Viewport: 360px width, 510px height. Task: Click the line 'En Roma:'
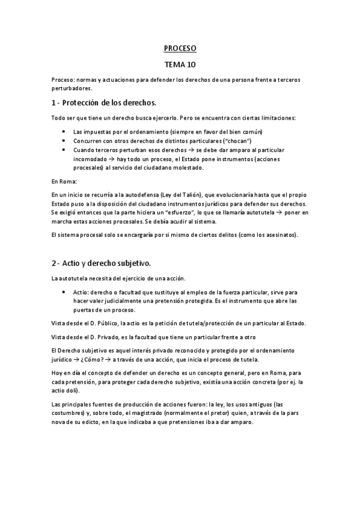(x=64, y=180)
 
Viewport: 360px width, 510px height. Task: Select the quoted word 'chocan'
(x=225, y=140)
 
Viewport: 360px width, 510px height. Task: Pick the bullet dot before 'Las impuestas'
(x=64, y=131)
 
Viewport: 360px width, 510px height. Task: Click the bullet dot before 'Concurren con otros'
(x=64, y=140)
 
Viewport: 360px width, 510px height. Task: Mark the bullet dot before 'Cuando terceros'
(x=64, y=149)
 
